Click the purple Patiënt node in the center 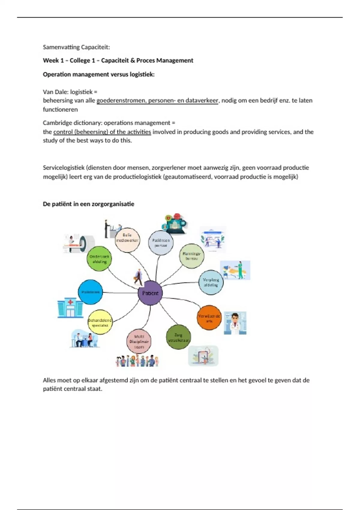point(150,293)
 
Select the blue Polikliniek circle point(90,292)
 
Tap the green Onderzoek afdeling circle point(99,259)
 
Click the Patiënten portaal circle point(161,243)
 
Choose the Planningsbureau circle point(191,256)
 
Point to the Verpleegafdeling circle point(211,282)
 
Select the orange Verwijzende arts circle point(209,318)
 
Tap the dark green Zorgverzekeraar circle point(178,337)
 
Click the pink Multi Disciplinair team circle point(139,341)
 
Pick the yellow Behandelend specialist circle point(100,322)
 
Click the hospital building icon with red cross point(70,308)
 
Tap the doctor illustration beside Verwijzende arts point(235,323)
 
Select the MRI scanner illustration point(79,244)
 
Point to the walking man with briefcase point(138,277)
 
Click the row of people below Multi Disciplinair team point(137,361)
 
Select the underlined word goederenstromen point(121,100)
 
